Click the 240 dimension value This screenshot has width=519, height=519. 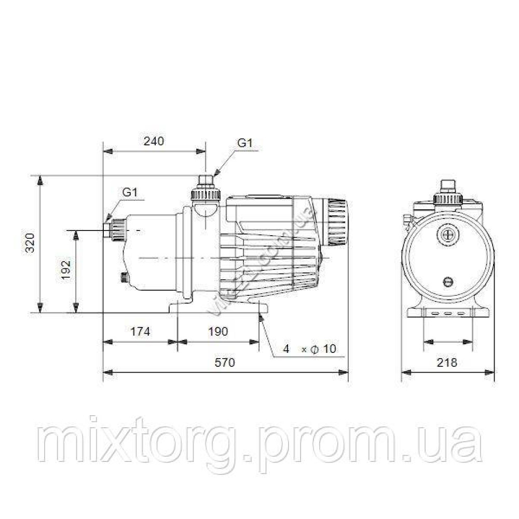(x=154, y=141)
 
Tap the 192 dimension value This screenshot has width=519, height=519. (x=66, y=269)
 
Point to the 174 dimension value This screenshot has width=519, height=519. (x=140, y=332)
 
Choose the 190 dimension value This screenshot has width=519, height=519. (x=217, y=332)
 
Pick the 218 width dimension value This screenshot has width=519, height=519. (x=447, y=362)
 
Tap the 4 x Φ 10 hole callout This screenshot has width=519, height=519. (x=309, y=349)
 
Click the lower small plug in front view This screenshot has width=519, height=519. (x=448, y=282)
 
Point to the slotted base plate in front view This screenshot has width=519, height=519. (x=448, y=313)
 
